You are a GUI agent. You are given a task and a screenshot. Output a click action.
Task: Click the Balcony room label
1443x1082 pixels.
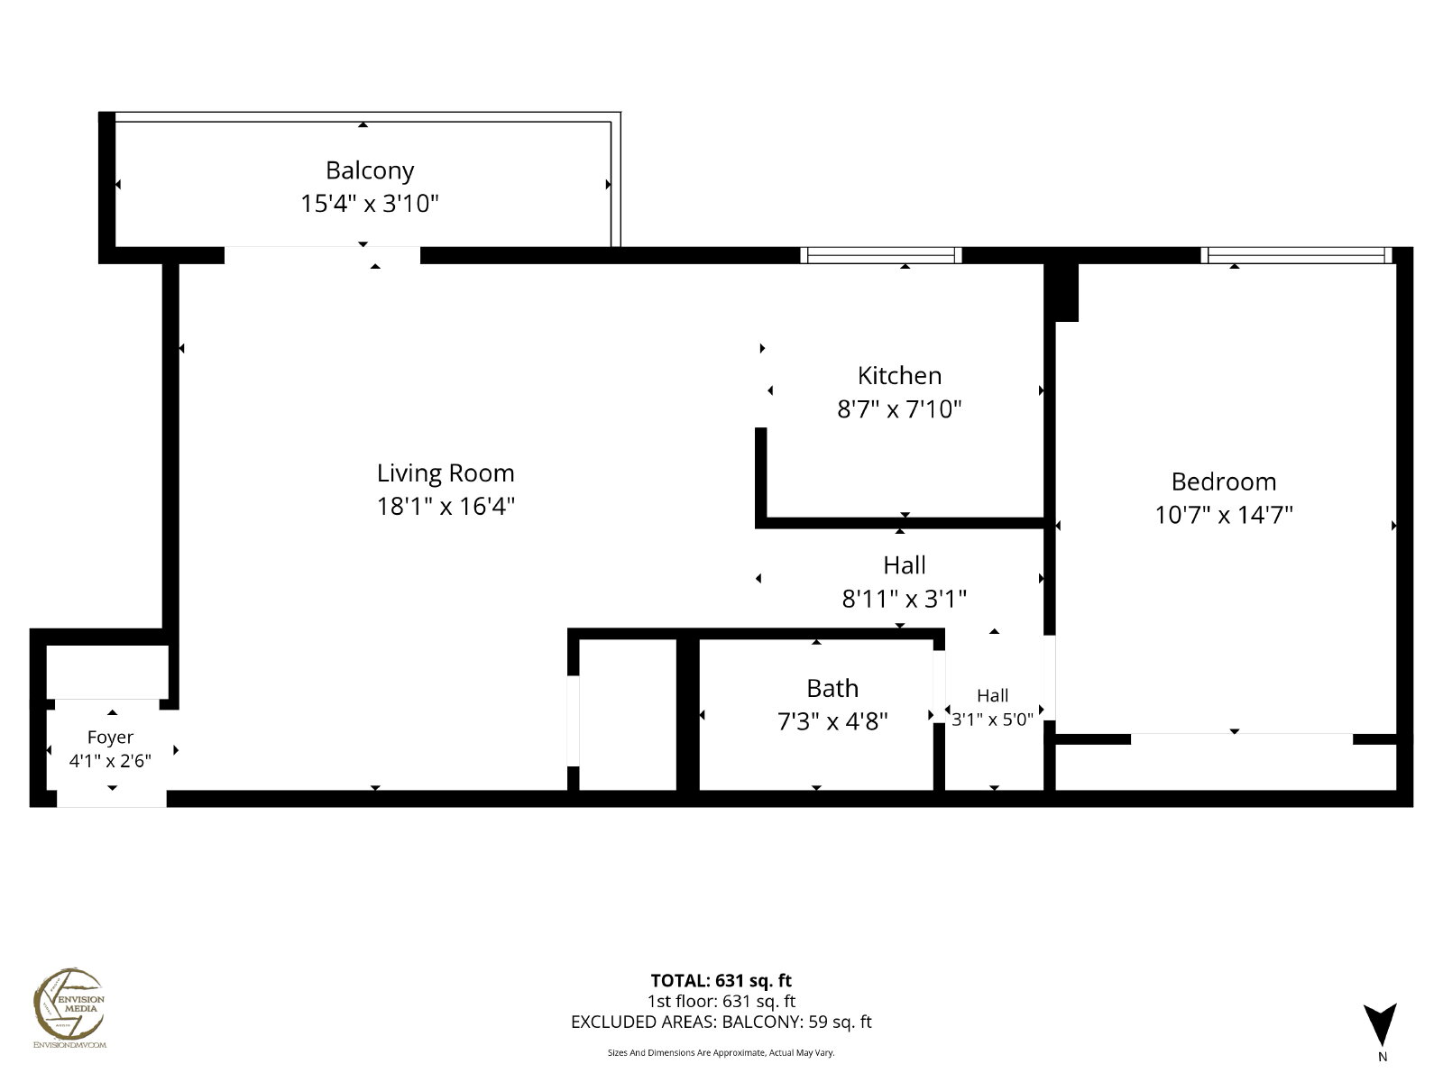tap(370, 170)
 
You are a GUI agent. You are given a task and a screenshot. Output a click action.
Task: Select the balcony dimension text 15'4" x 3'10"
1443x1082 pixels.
tap(370, 204)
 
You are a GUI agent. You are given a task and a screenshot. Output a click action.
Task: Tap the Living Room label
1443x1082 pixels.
tap(445, 473)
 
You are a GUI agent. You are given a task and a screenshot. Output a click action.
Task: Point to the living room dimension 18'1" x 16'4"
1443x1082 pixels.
tap(445, 507)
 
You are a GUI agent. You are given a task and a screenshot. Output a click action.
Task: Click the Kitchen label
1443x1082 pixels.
tap(899, 376)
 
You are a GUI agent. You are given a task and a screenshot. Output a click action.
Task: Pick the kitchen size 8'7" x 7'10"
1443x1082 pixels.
tap(899, 409)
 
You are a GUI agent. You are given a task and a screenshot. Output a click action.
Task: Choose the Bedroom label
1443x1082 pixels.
tap(1224, 482)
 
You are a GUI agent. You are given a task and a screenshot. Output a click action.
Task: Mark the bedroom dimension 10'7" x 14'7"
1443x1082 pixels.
tap(1224, 515)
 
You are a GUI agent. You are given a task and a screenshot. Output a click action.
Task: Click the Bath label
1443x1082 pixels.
tap(832, 689)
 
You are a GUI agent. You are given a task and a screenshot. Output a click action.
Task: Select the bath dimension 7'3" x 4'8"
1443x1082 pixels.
tap(832, 722)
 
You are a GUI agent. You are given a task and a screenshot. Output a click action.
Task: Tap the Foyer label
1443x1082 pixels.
tap(110, 738)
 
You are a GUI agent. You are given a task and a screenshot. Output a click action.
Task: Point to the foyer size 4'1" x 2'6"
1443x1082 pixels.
tap(110, 761)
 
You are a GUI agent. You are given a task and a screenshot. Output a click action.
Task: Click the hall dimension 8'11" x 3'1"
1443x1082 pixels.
tap(904, 599)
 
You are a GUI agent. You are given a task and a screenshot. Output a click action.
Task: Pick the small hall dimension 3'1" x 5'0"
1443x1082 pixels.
tap(992, 720)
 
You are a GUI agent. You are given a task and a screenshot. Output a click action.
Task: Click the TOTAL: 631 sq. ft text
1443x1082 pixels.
tap(721, 981)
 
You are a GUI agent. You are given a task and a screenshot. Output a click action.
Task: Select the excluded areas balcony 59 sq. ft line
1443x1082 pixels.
tap(721, 1022)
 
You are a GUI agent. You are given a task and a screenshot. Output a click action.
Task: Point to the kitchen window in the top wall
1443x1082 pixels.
tap(881, 255)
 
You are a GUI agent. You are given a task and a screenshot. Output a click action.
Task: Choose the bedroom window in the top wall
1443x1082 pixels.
tap(1296, 255)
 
